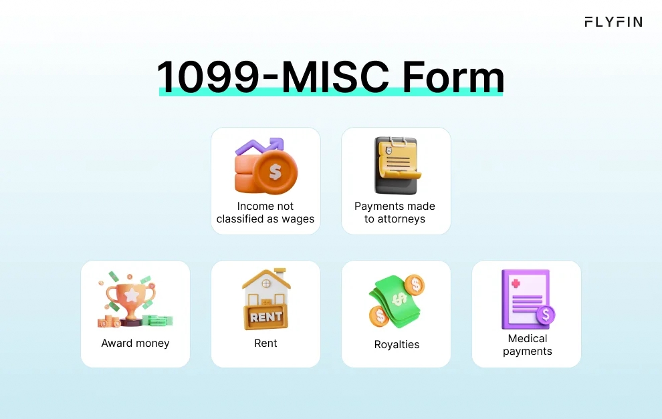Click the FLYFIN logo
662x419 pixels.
613,22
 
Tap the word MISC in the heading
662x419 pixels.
335,78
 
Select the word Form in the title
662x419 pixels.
453,78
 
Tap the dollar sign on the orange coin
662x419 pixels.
275,172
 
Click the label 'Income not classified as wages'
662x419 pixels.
265,213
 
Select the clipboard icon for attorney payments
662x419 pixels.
396,164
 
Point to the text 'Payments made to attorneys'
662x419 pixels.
395,213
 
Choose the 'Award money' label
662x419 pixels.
135,343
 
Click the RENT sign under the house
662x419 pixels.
266,317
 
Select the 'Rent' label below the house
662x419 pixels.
265,343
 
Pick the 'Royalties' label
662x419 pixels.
397,345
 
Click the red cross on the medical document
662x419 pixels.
516,284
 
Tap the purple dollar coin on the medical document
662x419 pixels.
546,314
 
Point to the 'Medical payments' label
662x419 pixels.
527,345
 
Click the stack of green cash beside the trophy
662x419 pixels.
158,321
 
